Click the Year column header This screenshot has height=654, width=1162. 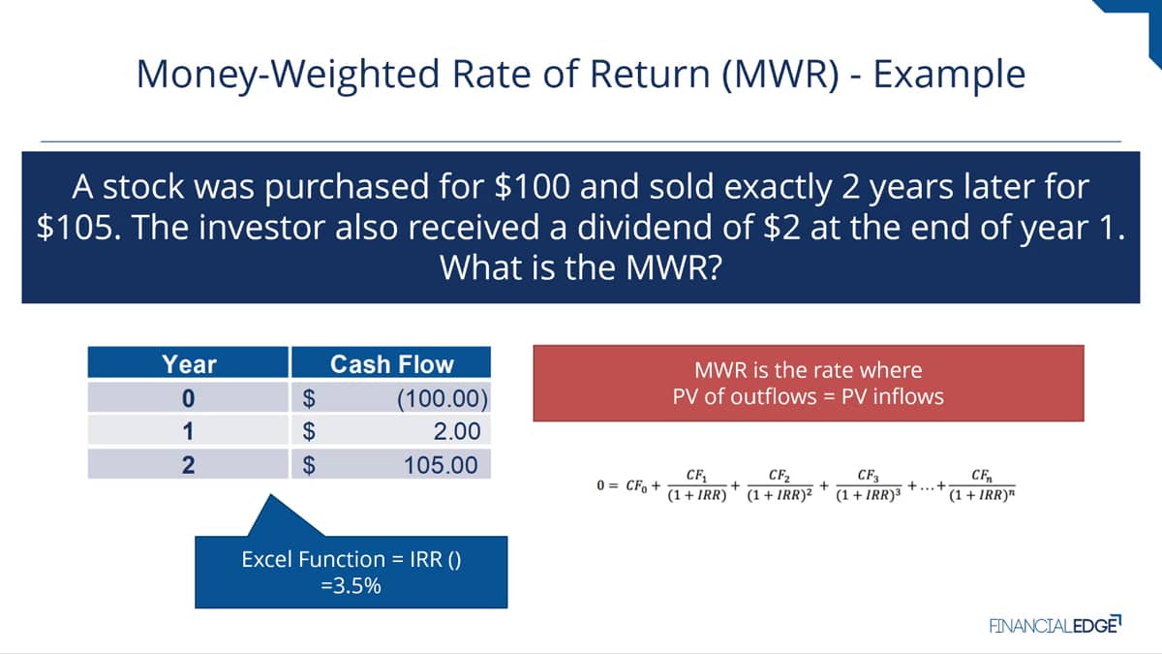pyautogui.click(x=189, y=364)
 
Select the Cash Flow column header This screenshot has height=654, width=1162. pyautogui.click(x=391, y=364)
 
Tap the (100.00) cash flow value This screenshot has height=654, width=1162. pyautogui.click(x=443, y=398)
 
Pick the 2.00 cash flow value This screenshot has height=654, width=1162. pyautogui.click(x=457, y=431)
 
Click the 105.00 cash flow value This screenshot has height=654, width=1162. pyautogui.click(x=441, y=464)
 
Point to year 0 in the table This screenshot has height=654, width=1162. pyautogui.click(x=188, y=398)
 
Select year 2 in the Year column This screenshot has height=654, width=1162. pyautogui.click(x=188, y=464)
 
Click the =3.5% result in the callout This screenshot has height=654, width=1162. pyautogui.click(x=352, y=586)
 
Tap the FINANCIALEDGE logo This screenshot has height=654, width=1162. pyautogui.click(x=1055, y=625)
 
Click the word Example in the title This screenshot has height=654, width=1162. pyautogui.click(x=949, y=75)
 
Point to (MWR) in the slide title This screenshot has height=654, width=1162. pyautogui.click(x=780, y=75)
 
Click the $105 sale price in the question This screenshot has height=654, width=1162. pyautogui.click(x=76, y=228)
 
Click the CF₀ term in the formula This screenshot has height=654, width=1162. pyautogui.click(x=636, y=485)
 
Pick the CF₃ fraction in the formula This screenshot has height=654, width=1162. pyautogui.click(x=869, y=485)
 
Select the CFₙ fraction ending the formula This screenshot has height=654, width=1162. pyautogui.click(x=982, y=485)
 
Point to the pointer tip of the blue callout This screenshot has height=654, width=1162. pyautogui.click(x=271, y=494)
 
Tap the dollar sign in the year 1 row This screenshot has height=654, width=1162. pyautogui.click(x=309, y=431)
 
